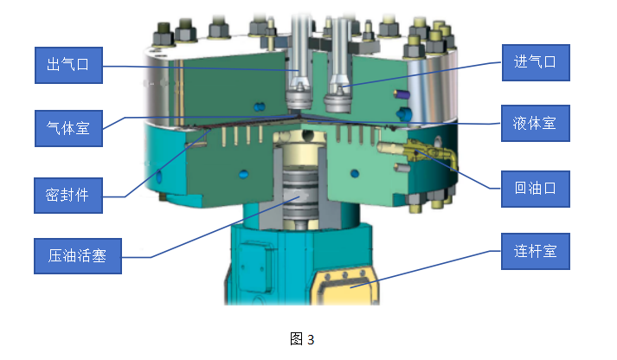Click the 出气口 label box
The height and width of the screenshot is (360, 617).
click(69, 65)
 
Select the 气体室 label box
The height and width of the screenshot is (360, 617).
click(69, 128)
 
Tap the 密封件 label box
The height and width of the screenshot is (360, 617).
click(68, 196)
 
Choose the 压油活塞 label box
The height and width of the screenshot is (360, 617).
click(78, 256)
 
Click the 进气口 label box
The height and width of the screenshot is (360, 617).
click(536, 62)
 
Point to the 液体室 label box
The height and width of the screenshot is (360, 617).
click(536, 123)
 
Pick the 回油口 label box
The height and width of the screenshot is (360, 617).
click(536, 189)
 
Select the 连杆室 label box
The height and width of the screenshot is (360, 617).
click(536, 252)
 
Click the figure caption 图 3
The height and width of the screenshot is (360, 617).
click(302, 339)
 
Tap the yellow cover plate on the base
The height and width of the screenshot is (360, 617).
click(345, 287)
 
